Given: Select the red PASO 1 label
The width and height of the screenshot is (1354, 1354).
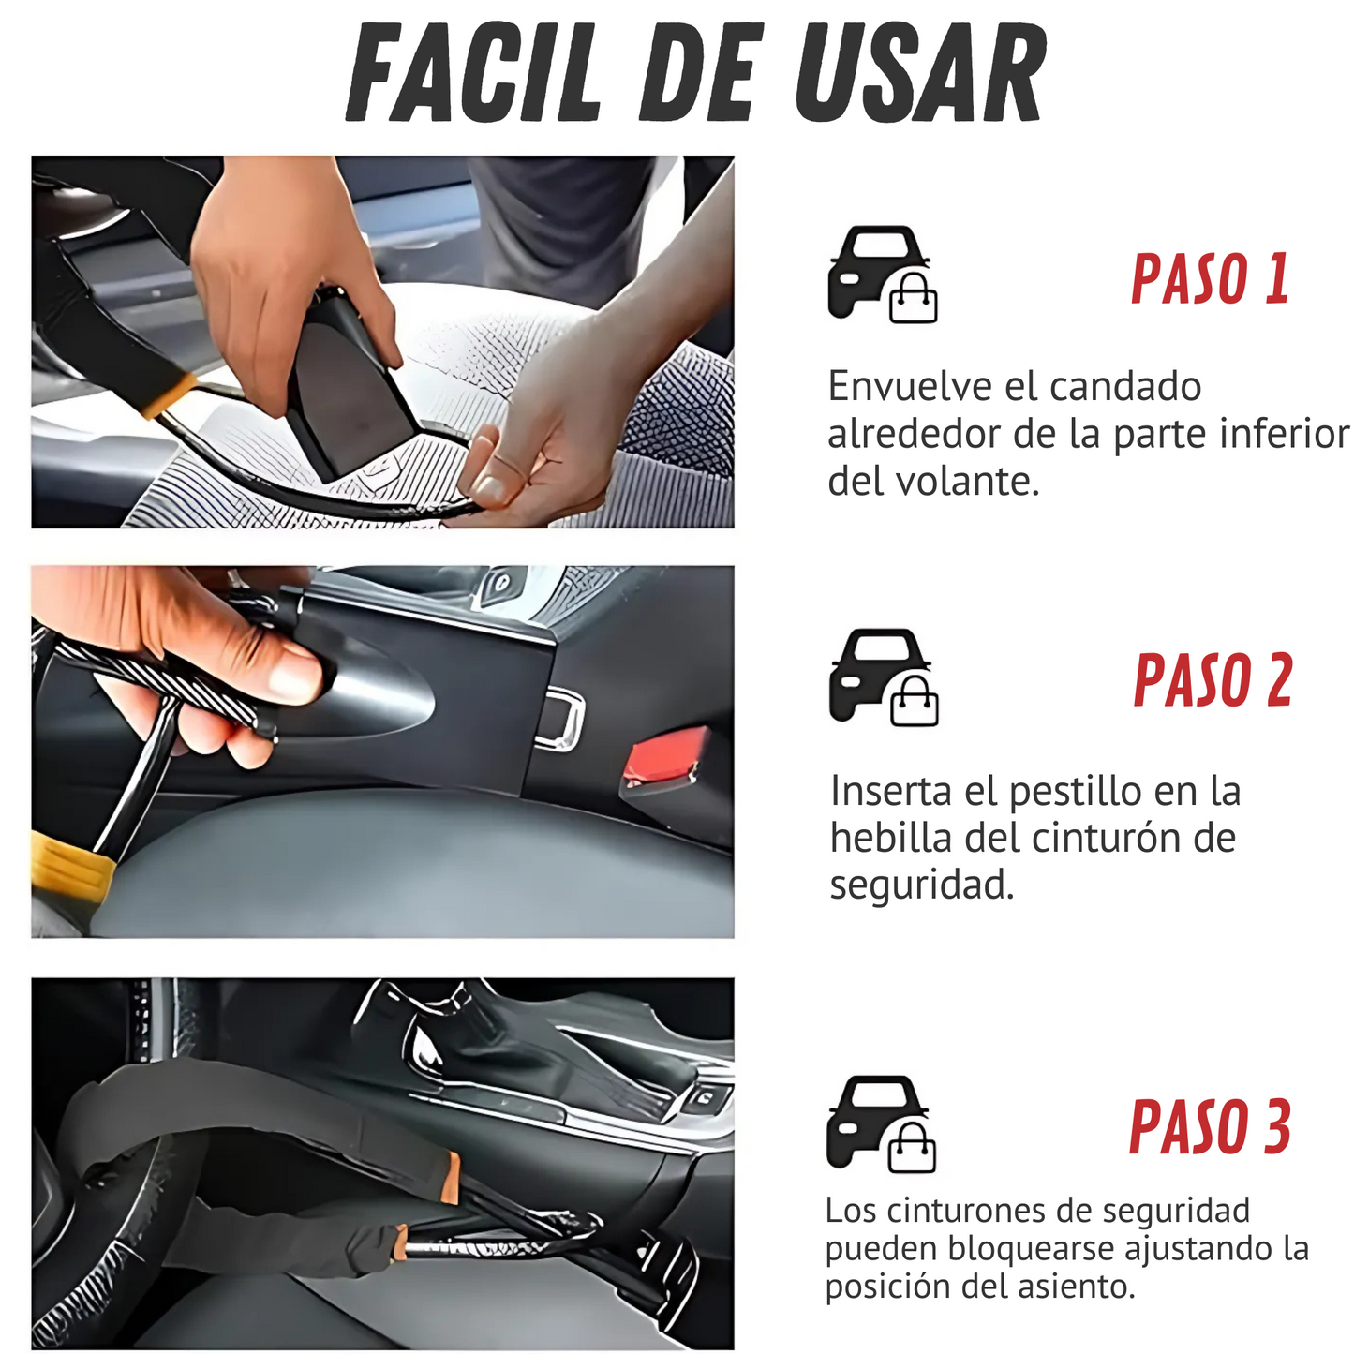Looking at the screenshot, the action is point(1210,278).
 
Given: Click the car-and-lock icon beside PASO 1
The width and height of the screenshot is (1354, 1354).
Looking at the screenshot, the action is point(883,274).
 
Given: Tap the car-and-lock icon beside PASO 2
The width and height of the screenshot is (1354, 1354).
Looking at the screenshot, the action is point(884,677).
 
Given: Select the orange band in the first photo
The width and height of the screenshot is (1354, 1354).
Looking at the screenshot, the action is point(170,394).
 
